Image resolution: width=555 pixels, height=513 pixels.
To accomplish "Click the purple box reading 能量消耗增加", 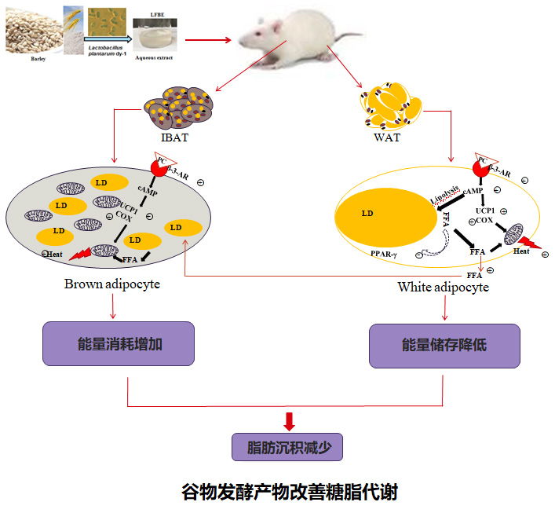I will coord(118,343).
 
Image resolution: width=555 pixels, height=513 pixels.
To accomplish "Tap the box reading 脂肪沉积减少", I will coord(287,448).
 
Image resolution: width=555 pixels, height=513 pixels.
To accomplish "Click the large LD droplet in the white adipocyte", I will coord(384,215).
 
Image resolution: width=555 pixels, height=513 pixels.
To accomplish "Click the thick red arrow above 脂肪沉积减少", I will coord(288,420).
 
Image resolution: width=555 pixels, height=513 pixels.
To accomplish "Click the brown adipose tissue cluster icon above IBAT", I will coord(173,104).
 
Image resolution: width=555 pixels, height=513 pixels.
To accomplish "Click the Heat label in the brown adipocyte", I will coord(55,254).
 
